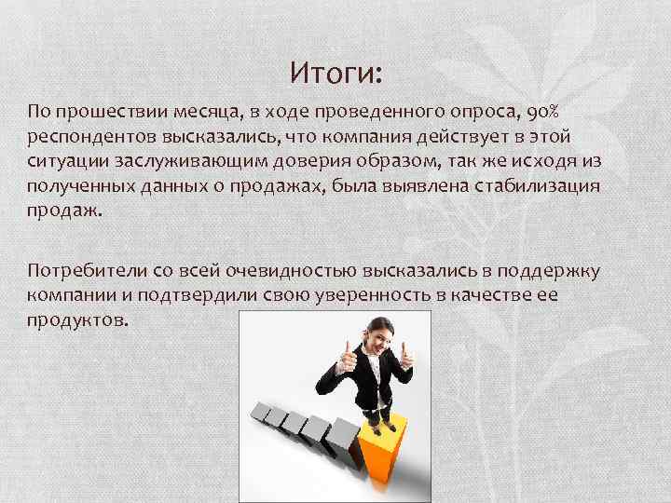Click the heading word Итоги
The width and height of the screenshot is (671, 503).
[x=342, y=72]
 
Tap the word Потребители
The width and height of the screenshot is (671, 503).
[x=79, y=271]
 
